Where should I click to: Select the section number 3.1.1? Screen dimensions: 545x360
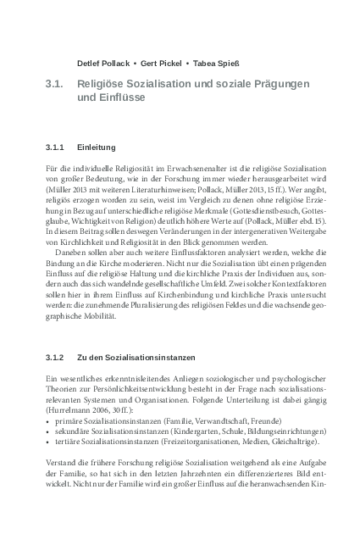click(x=58, y=147)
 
